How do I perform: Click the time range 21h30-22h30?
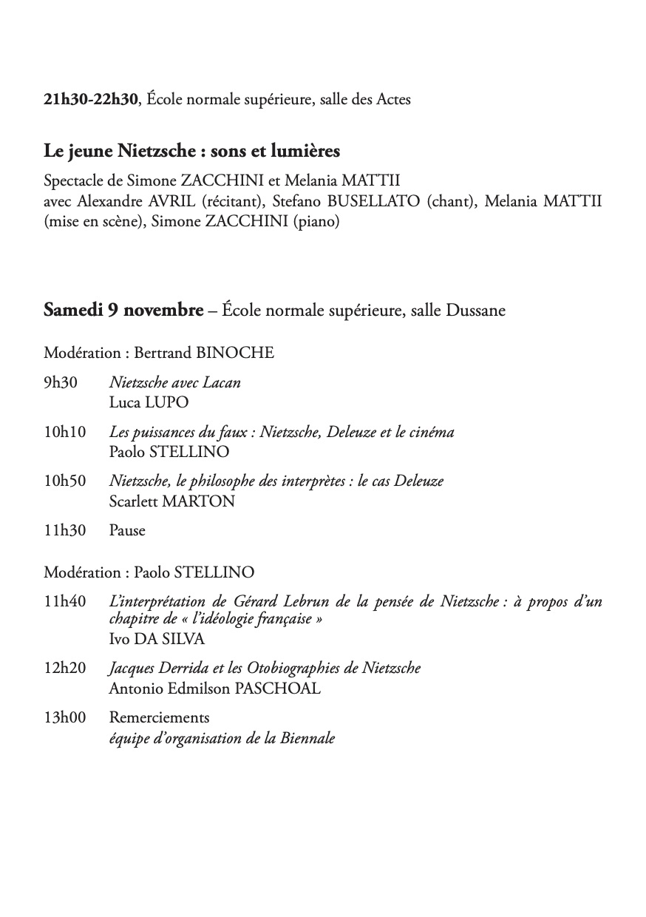pos(91,100)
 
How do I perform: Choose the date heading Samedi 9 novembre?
pos(123,311)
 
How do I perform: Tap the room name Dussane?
pos(476,311)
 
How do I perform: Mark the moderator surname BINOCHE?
pos(235,353)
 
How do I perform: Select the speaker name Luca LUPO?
pos(149,402)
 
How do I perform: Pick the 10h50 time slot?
pos(64,481)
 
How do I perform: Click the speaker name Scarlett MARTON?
pos(171,501)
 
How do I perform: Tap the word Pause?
pos(127,530)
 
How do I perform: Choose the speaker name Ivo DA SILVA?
pos(157,638)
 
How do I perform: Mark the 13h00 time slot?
pos(64,717)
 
